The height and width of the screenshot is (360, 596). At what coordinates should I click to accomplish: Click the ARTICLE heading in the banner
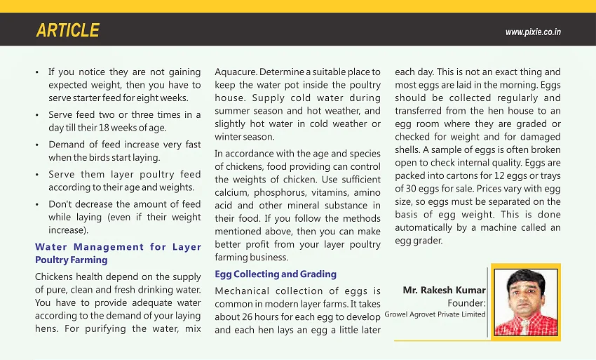point(67,31)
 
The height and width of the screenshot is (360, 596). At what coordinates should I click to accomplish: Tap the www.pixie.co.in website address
point(533,32)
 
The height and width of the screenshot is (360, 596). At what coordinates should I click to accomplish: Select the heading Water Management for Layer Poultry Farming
point(118,253)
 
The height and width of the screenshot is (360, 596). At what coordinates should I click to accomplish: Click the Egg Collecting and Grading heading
point(276,274)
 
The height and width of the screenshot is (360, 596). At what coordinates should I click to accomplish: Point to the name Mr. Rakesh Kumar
point(444,290)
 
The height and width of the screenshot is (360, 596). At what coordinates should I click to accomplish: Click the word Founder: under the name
point(466,302)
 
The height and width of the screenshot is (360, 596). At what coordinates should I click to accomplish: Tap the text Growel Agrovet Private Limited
point(435,314)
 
